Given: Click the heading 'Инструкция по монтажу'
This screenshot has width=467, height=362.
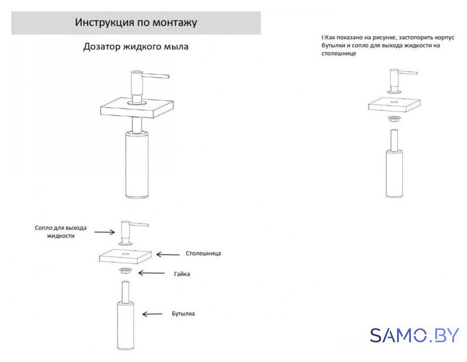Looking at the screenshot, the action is tap(136, 23).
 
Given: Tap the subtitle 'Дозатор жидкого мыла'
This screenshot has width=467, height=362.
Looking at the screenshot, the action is tap(136, 46).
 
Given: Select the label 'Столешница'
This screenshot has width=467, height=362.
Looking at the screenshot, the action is tap(203, 253).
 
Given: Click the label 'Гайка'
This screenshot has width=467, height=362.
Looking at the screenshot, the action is tap(182, 274).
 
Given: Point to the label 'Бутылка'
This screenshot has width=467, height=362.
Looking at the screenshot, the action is tap(183, 314).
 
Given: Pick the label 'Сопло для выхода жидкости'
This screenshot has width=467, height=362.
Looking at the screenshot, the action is tap(61, 231).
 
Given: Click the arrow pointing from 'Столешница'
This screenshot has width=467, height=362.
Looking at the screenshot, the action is tap(168, 254).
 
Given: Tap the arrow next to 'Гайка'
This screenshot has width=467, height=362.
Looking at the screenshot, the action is tap(151, 273).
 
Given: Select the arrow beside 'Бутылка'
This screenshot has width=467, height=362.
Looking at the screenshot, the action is tap(152, 314).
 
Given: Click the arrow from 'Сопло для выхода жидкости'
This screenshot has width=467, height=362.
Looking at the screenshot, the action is tap(105, 232).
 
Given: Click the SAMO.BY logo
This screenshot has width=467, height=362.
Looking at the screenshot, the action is tap(414, 335).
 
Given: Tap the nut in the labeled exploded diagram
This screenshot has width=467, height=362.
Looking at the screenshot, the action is tap(126, 271).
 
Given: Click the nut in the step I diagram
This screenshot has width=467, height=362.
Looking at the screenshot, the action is tap(395, 118).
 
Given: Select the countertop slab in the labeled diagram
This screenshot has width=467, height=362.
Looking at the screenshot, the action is tap(126, 256).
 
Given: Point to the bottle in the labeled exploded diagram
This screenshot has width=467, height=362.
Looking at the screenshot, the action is tap(126, 316).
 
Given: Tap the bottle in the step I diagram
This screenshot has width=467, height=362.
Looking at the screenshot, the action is tap(395, 163).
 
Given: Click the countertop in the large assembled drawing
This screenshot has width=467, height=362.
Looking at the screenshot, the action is tap(137, 108).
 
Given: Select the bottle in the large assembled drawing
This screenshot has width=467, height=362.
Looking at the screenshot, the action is tap(137, 163).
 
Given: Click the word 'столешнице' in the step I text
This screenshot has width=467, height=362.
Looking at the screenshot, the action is tap(339, 54).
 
